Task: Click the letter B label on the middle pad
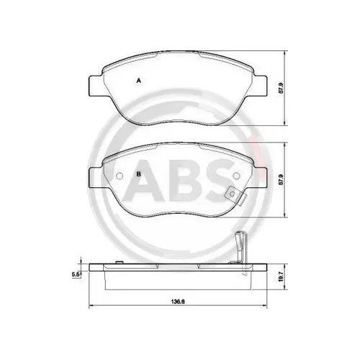138,174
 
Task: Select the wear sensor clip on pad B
233,194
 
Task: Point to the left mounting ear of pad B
93,173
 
